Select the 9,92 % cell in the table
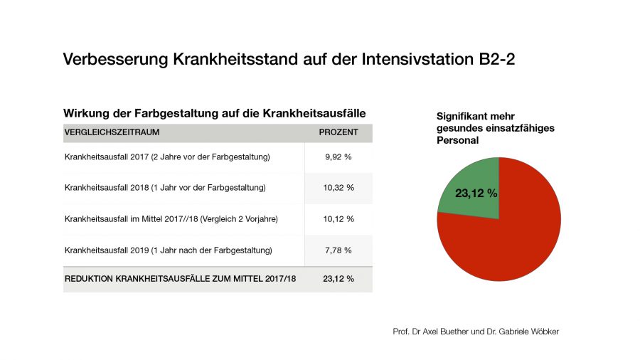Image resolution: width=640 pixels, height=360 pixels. tap(338, 157)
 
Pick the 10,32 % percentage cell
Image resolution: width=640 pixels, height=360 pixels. tap(338, 188)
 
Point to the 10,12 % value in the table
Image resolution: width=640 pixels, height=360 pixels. tap(338, 218)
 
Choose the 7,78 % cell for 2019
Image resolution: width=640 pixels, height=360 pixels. tap(338, 250)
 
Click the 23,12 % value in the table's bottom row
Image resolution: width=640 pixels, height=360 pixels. tap(338, 279)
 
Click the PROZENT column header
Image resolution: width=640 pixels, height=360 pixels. tap(338, 132)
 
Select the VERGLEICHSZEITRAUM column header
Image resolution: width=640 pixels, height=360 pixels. tap(112, 132)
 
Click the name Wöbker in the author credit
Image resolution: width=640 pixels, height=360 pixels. tap(543, 332)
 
